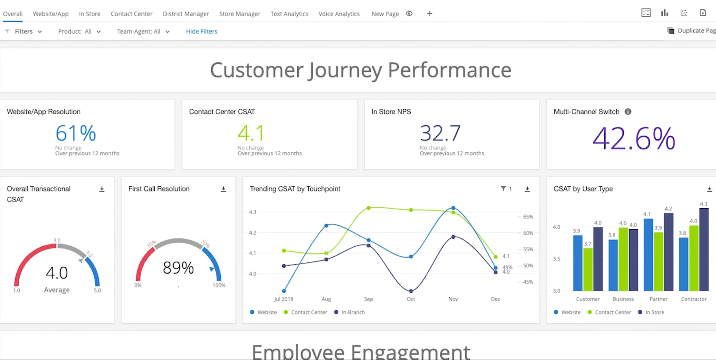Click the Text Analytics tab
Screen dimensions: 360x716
point(289,14)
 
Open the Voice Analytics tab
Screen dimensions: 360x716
point(339,14)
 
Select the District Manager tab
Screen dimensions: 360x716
point(186,14)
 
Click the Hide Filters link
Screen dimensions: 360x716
point(201,31)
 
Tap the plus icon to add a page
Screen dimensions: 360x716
point(430,13)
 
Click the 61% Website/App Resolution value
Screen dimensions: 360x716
point(76,133)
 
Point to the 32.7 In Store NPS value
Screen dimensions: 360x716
point(440,133)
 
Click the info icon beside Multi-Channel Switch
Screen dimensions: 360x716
point(628,111)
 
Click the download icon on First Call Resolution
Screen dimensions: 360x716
point(223,189)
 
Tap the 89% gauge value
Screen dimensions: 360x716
point(178,268)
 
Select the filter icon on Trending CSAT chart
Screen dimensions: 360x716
point(503,189)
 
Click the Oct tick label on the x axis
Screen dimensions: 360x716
point(411,299)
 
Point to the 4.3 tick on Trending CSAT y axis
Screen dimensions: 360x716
point(253,212)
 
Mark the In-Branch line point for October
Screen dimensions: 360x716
point(411,291)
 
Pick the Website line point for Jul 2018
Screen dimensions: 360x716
point(284,291)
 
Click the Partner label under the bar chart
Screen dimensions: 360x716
point(658,299)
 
